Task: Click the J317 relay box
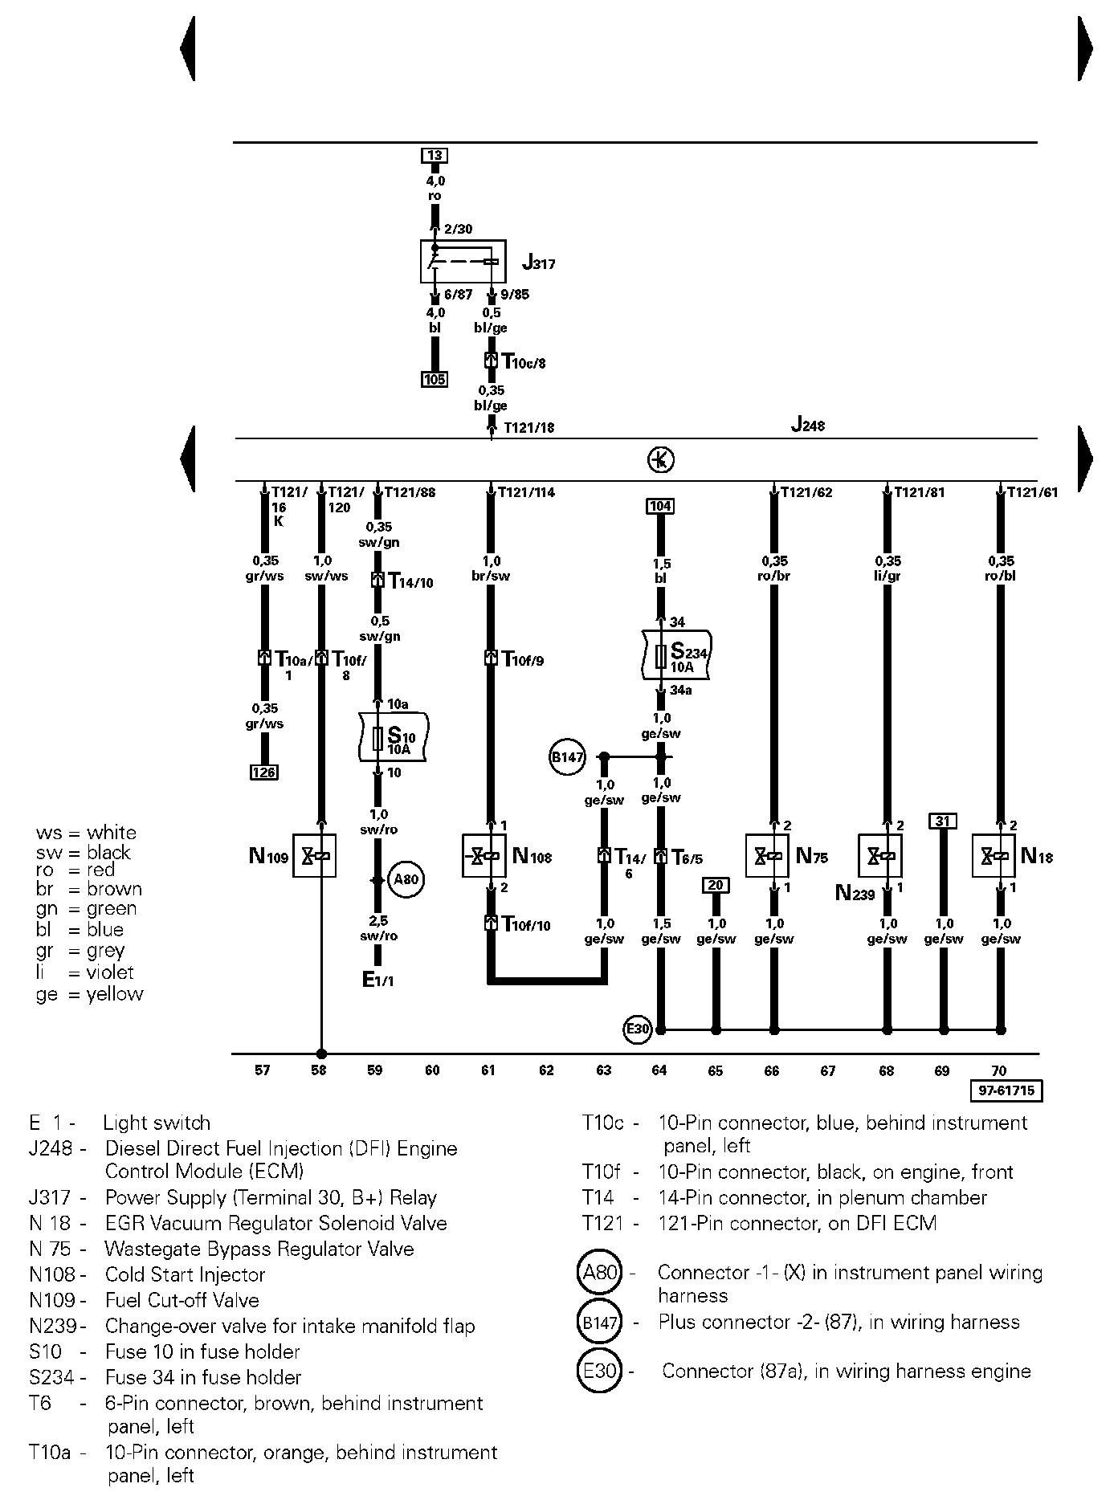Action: (x=463, y=261)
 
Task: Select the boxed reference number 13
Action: (x=435, y=156)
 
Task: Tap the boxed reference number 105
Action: (x=435, y=379)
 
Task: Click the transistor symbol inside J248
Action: (x=660, y=460)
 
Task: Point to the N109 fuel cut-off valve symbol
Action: (x=314, y=856)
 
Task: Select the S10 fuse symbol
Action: (x=379, y=738)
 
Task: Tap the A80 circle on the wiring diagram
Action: (x=406, y=879)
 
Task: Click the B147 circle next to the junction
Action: (x=568, y=757)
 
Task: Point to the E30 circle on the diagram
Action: (x=638, y=1029)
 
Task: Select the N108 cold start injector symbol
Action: (x=484, y=856)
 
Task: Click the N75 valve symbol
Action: (x=767, y=856)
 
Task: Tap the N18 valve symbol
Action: (x=994, y=856)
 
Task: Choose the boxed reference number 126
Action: (x=264, y=772)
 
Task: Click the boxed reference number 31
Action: (x=943, y=821)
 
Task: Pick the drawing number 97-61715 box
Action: (x=1006, y=1090)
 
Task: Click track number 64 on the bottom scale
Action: (x=659, y=1070)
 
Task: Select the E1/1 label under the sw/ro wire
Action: (x=378, y=979)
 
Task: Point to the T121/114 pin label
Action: (x=527, y=492)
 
